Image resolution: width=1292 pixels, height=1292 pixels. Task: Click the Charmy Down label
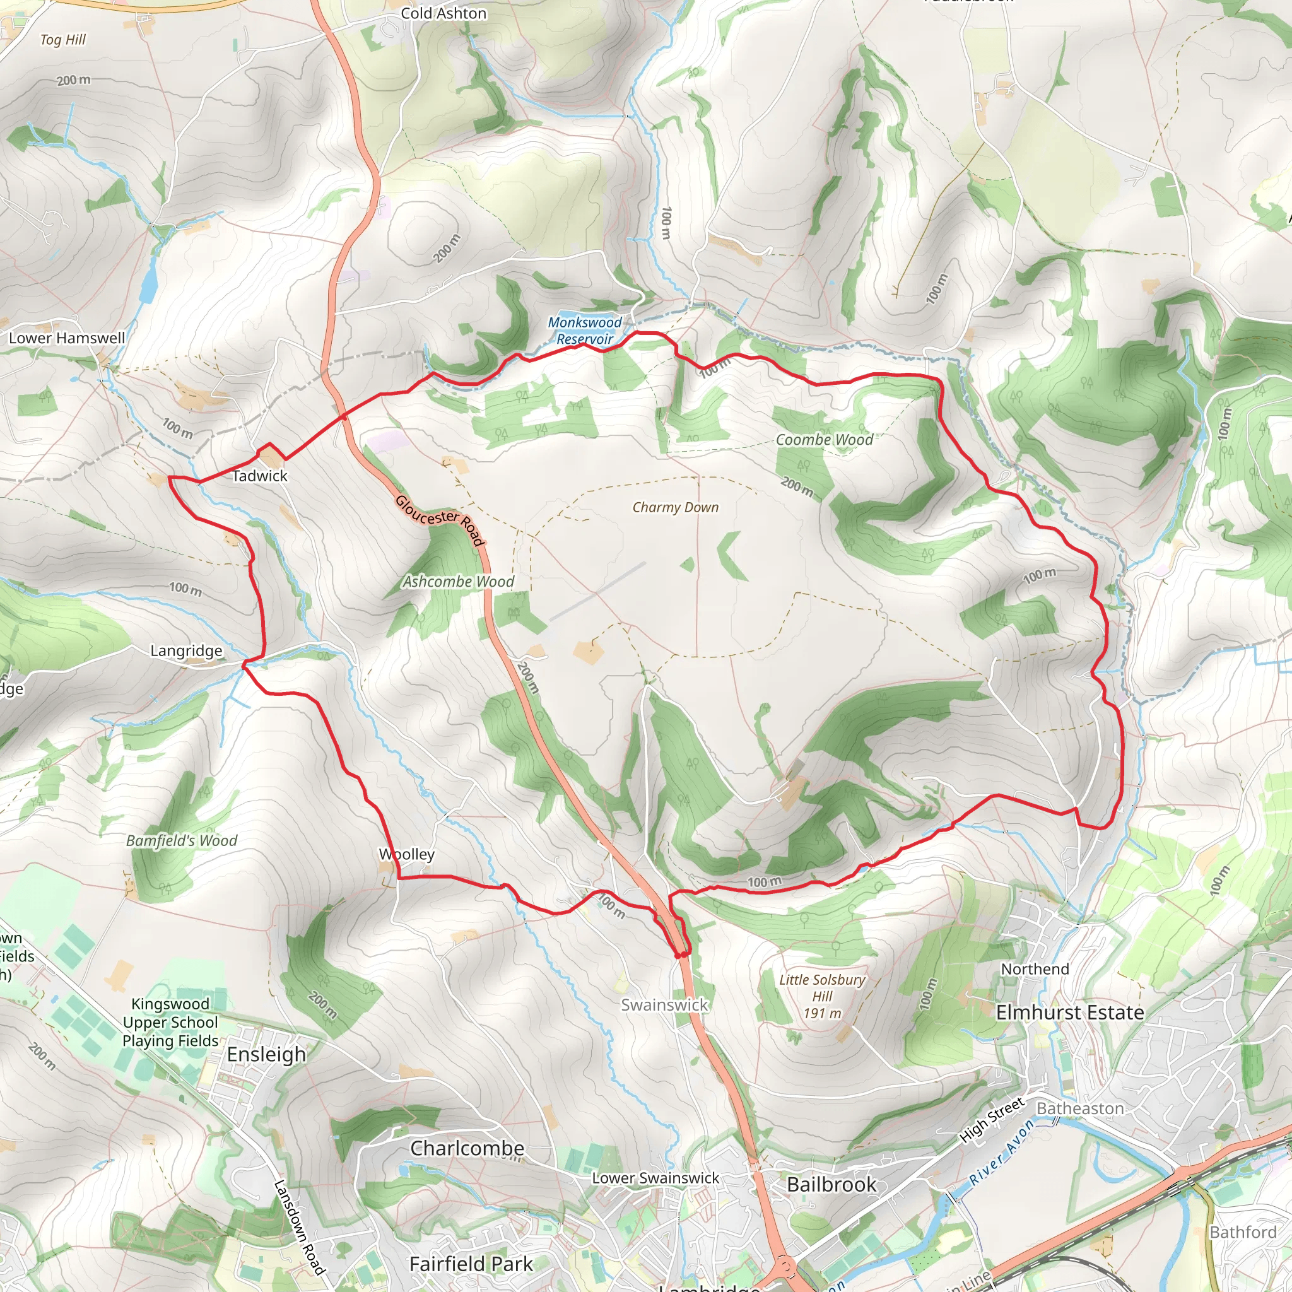click(x=676, y=508)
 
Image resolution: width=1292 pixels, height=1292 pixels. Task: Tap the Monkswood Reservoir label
click(x=584, y=331)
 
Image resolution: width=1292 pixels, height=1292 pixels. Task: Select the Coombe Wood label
click(x=824, y=440)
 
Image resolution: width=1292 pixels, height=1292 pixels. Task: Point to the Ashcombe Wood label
click(x=458, y=582)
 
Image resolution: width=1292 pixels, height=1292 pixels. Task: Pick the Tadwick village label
click(x=259, y=476)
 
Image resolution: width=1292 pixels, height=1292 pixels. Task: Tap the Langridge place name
click(x=186, y=650)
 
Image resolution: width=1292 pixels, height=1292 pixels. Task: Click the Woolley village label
click(x=407, y=854)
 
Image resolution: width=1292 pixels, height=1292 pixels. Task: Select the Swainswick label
click(x=664, y=1004)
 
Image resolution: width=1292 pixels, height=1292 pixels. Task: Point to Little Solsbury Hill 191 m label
click(x=822, y=996)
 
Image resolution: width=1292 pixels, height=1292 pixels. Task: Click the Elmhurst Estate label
click(x=1069, y=1013)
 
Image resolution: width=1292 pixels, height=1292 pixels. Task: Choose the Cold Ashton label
click(x=443, y=13)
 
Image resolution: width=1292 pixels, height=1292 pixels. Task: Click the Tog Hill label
click(x=63, y=40)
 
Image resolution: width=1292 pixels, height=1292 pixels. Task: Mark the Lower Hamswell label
click(x=67, y=338)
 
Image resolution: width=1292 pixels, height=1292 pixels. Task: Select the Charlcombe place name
click(x=467, y=1148)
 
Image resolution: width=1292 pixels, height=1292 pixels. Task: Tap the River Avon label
click(x=1002, y=1151)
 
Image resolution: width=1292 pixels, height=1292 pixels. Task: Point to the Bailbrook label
click(x=831, y=1184)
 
